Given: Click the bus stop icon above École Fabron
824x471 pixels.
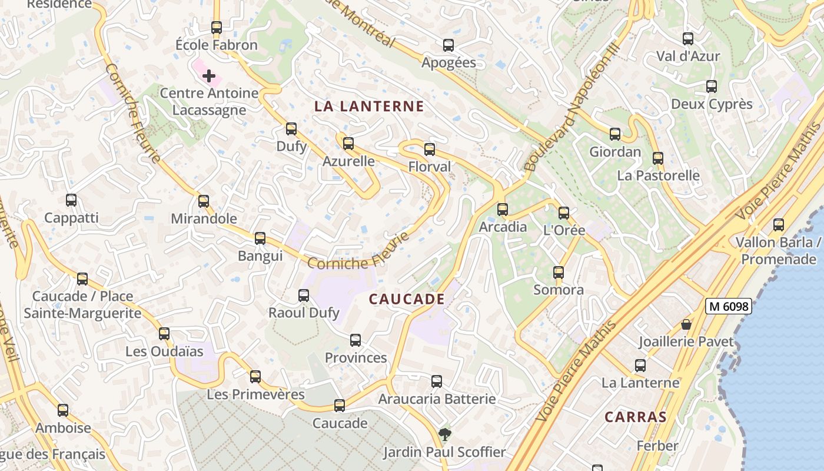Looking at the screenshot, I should [x=217, y=27].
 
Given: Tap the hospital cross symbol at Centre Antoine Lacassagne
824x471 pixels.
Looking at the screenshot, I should [x=209, y=76].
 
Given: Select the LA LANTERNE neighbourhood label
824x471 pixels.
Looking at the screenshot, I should [x=369, y=107].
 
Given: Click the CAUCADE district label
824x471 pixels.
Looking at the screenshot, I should [x=407, y=299].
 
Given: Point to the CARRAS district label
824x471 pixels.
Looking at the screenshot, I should [x=636, y=417].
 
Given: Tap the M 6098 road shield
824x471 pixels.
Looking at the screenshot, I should [x=729, y=306].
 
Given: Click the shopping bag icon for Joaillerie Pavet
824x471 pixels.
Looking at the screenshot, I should [x=686, y=324].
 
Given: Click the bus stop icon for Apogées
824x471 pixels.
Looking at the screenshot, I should [x=448, y=45].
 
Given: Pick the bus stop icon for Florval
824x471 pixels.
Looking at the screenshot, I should [x=430, y=149].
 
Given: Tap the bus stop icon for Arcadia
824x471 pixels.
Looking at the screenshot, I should [x=503, y=209].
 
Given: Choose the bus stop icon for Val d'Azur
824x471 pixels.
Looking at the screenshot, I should [x=688, y=39].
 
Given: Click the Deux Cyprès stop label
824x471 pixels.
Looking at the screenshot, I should [x=712, y=104].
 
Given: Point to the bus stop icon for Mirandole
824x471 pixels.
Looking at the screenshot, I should [x=204, y=201].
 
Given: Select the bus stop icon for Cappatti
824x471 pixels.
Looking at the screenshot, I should [x=71, y=200].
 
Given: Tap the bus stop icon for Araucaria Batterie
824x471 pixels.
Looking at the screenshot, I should [x=437, y=382].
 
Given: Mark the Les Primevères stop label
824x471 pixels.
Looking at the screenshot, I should [x=255, y=394].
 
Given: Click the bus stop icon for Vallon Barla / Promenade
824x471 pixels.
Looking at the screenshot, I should [x=779, y=224].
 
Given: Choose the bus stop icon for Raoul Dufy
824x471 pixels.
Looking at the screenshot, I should [x=304, y=295].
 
